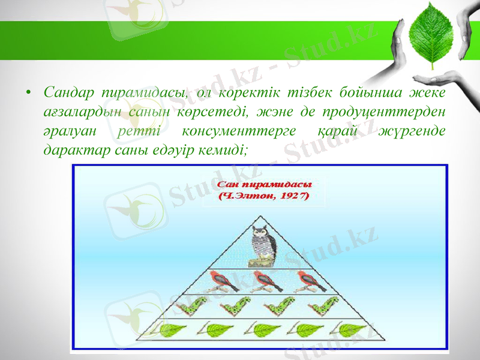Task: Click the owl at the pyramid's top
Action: point(262,245)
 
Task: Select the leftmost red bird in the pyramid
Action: point(221,280)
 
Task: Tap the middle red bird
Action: point(262,280)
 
